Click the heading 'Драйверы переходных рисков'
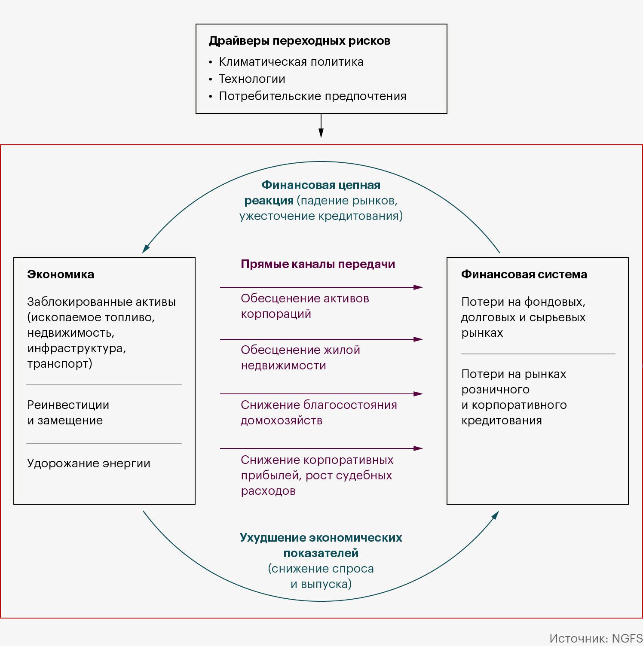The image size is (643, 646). tap(300, 41)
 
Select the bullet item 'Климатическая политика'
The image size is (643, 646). tap(291, 62)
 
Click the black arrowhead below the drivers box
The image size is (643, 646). tap(321, 133)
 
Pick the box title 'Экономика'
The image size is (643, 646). tap(61, 274)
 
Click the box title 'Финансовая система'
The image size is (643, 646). tap(524, 274)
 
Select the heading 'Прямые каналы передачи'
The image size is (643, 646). tap(318, 264)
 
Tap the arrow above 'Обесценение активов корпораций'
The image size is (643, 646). tap(321, 287)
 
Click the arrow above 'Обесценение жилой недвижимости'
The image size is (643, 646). tap(321, 339)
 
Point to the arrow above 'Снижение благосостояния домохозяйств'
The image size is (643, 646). tap(321, 394)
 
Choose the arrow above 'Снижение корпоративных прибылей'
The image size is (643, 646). tap(321, 448)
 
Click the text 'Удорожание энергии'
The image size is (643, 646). tap(89, 463)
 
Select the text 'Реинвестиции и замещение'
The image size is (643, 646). tap(68, 413)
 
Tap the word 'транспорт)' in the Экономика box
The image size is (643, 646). tap(60, 364)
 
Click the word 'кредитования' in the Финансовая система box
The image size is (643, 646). tap(502, 421)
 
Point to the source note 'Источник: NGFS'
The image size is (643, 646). tap(596, 638)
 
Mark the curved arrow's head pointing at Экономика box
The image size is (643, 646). tap(146, 249)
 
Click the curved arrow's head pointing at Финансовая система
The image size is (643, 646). tap(495, 515)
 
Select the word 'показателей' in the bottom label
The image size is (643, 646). tap(321, 553)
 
